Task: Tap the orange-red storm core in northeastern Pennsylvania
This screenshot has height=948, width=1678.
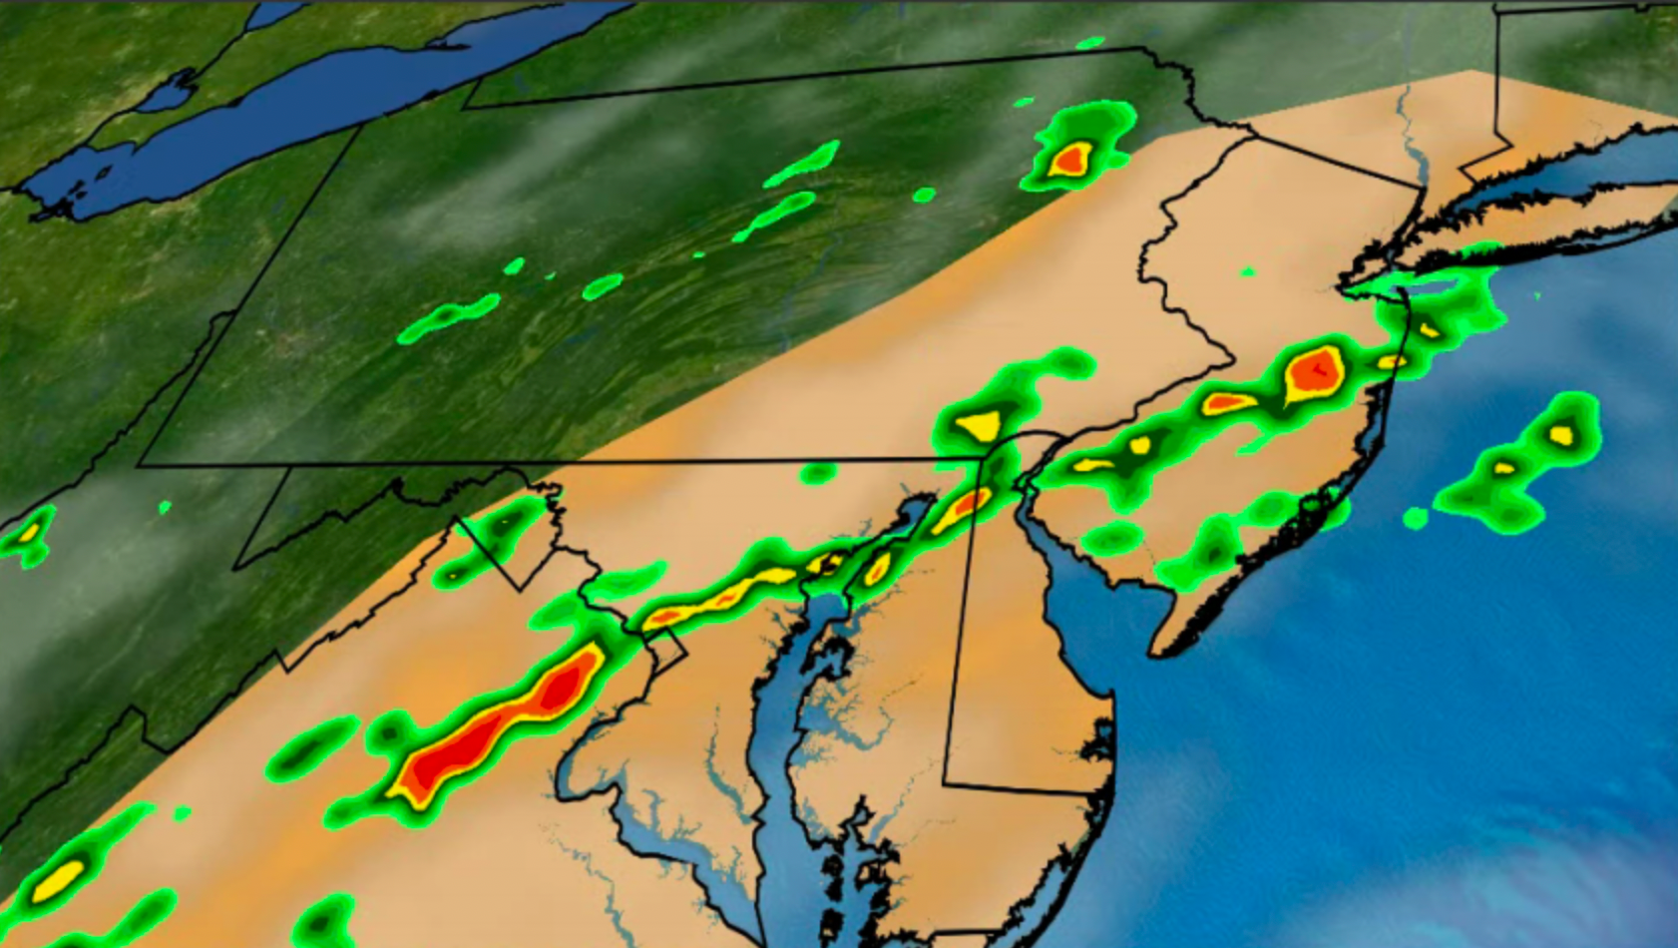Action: pos(1072,158)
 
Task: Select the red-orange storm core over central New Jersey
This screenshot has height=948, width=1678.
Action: pos(1316,372)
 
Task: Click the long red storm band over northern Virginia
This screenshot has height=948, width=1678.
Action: pos(489,725)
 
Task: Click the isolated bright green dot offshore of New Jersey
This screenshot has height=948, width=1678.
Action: pos(1415,518)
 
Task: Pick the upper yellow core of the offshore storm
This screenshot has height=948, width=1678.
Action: pos(1561,434)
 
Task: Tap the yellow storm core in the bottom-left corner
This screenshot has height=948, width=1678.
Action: pos(58,879)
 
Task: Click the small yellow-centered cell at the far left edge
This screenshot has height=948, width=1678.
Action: pos(28,532)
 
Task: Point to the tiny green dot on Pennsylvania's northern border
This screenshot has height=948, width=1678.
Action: pos(1090,44)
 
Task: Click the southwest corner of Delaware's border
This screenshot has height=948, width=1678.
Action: pos(946,783)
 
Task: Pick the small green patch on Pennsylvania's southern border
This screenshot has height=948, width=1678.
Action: pos(817,472)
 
